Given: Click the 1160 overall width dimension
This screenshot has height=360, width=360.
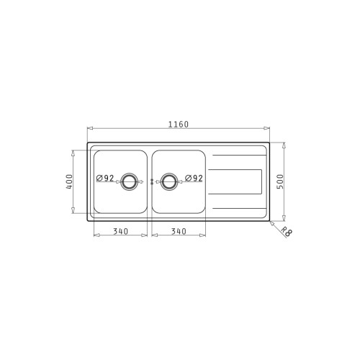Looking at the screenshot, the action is (x=179, y=125).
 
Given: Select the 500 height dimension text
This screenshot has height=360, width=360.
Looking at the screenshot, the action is (x=280, y=181).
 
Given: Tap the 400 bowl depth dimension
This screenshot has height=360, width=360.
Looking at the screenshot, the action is (x=69, y=181).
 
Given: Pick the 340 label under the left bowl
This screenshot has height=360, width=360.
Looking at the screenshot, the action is (x=120, y=231).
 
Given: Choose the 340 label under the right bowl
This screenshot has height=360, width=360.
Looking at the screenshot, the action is (x=179, y=231).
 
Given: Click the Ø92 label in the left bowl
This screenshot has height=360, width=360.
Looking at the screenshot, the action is (x=105, y=178).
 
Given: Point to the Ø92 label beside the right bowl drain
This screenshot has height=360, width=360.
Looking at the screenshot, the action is (x=194, y=178).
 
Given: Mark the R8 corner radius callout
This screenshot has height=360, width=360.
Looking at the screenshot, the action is (x=287, y=232).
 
